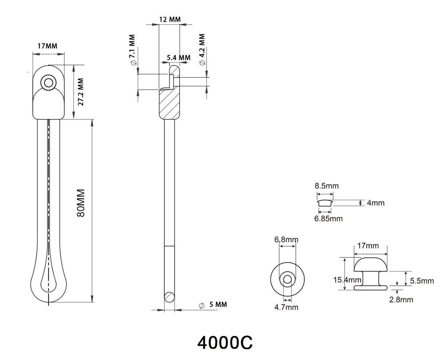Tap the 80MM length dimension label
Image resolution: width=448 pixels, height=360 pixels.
[81, 203]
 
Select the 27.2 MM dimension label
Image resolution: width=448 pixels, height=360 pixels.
[81, 92]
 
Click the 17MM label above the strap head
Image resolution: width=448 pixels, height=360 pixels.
[47, 46]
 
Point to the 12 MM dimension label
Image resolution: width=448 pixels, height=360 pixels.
[169, 19]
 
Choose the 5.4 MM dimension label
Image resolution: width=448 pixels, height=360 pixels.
[178, 58]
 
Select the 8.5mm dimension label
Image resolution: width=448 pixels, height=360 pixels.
[327, 186]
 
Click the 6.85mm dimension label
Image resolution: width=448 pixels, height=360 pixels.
[329, 218]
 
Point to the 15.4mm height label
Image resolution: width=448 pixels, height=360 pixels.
[347, 280]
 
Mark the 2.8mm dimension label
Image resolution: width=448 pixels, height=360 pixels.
[402, 300]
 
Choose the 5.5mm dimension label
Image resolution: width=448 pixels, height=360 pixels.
[422, 281]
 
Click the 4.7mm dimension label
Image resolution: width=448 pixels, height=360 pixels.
[286, 307]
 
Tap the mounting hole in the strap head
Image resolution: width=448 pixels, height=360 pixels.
[47, 82]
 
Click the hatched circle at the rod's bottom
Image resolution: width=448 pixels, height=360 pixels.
[169, 297]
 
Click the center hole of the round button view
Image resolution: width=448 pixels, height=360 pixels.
[287, 280]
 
